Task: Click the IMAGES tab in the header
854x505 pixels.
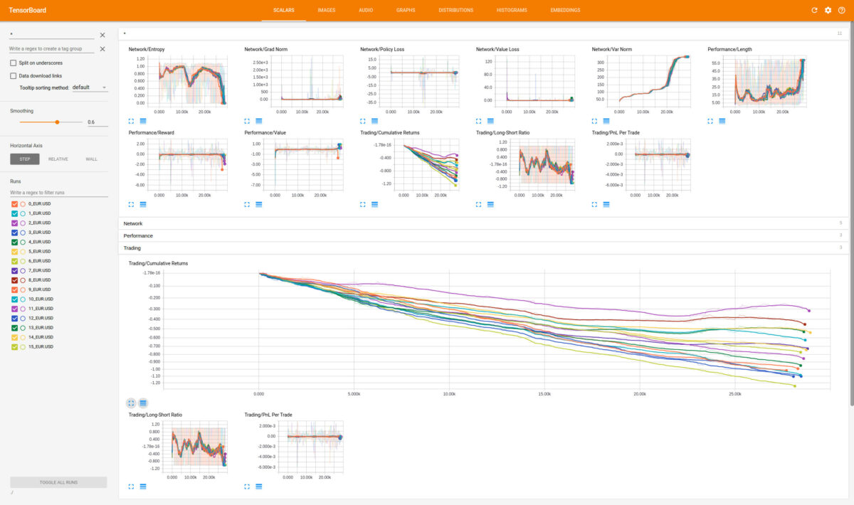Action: click(x=327, y=10)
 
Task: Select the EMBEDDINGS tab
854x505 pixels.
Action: click(x=565, y=10)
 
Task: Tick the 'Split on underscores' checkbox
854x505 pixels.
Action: click(x=14, y=63)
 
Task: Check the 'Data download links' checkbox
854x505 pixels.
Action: click(x=14, y=75)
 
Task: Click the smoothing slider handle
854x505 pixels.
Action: click(x=57, y=122)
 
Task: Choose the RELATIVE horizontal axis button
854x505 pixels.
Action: click(x=58, y=159)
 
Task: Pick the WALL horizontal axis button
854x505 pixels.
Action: click(x=91, y=159)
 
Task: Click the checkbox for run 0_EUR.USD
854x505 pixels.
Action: click(x=14, y=203)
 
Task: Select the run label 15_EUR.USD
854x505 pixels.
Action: click(x=41, y=346)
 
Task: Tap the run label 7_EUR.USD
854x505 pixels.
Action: click(x=39, y=270)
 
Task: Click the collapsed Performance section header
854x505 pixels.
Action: click(x=138, y=235)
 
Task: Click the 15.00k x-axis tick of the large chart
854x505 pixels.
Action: click(x=544, y=393)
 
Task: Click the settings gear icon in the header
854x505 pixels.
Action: click(x=828, y=10)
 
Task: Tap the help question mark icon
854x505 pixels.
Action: click(x=841, y=10)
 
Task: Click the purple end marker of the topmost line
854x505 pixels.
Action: click(x=809, y=310)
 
